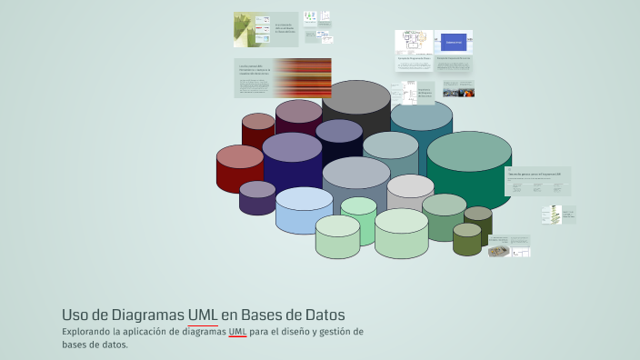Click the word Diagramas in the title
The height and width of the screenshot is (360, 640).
pyautogui.click(x=147, y=315)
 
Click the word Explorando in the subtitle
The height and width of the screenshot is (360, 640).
pyautogui.click(x=88, y=332)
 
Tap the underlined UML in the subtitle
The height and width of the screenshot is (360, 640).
pyautogui.click(x=237, y=332)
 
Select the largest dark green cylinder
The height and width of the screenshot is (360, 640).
pyautogui.click(x=469, y=168)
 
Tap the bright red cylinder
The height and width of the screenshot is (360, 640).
pyautogui.click(x=239, y=168)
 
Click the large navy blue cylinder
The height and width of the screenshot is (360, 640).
pyautogui.click(x=292, y=159)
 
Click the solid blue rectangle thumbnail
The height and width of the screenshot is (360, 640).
pyautogui.click(x=454, y=42)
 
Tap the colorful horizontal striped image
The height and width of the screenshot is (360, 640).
pyautogui.click(x=302, y=77)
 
